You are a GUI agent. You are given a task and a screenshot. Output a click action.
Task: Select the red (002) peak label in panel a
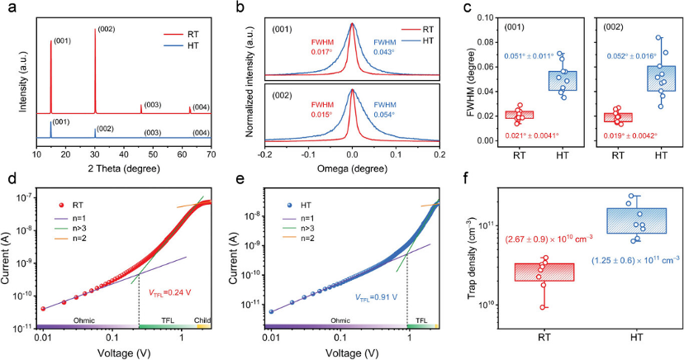pos(107,30)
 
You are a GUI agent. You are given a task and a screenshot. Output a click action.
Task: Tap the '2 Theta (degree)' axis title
pos(123,168)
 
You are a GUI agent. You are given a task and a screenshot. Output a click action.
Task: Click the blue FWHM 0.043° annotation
pos(384,47)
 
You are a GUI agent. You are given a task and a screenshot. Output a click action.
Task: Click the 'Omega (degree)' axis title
pos(352,168)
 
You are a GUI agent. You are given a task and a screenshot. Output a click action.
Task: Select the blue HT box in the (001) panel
pos(562,81)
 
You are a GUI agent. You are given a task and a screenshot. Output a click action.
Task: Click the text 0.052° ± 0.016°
pos(632,56)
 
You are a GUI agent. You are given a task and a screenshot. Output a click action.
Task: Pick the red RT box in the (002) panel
pos(617,117)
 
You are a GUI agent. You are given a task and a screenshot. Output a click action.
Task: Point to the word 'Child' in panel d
pos(202,320)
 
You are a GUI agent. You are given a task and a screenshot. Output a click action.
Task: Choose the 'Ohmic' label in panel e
pos(340,320)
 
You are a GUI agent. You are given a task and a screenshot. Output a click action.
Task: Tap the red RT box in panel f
pos(544,272)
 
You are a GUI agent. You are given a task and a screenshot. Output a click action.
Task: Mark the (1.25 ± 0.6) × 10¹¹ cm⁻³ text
pos(635,261)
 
